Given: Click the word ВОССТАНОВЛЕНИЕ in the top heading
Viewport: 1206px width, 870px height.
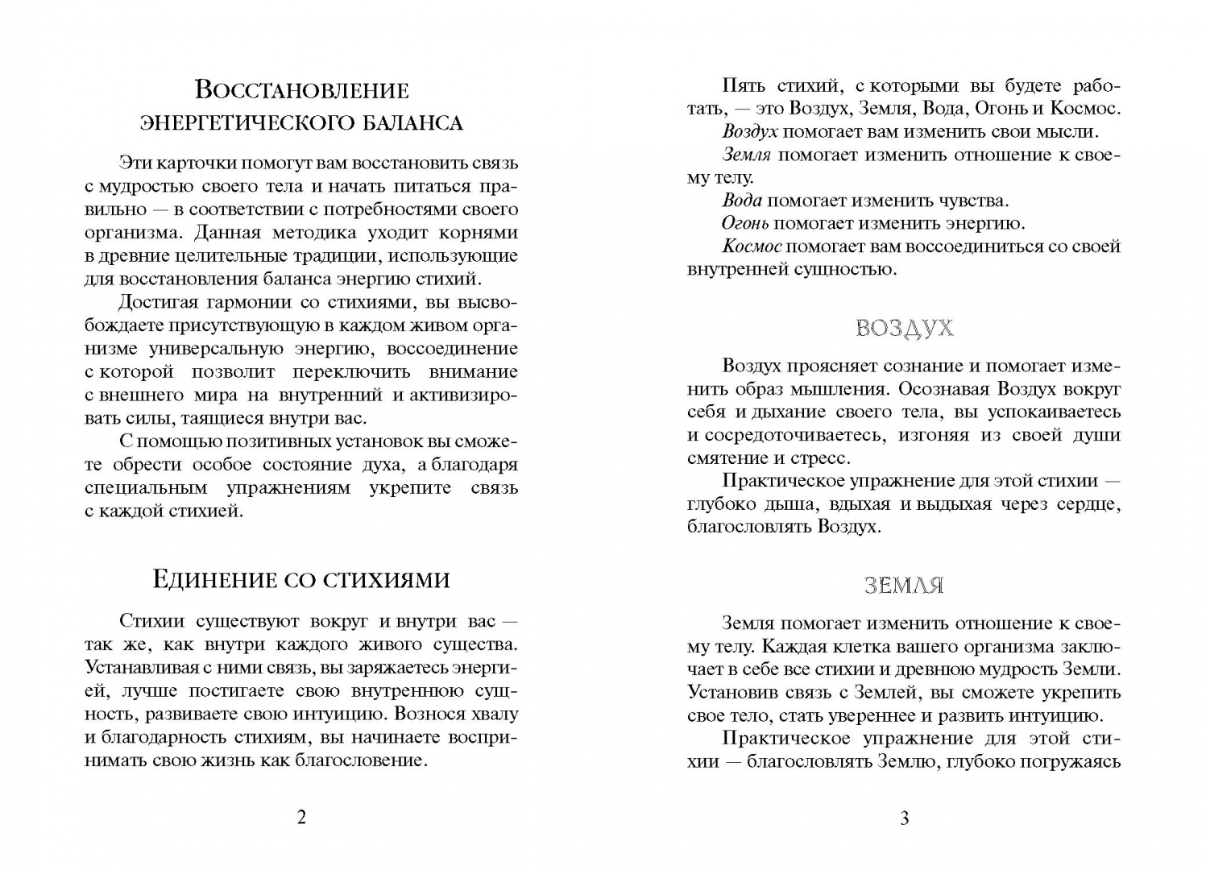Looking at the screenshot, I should [x=302, y=89].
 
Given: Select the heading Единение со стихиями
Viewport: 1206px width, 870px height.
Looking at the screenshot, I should [x=301, y=579].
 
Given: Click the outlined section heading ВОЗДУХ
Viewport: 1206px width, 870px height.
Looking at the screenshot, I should [x=904, y=328].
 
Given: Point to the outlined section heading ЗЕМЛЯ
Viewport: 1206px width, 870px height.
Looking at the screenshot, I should [x=904, y=586].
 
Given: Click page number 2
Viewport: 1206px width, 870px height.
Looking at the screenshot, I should [x=302, y=818].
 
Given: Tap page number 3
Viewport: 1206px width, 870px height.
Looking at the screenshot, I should [x=904, y=818].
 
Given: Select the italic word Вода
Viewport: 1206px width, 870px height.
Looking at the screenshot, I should [x=742, y=201].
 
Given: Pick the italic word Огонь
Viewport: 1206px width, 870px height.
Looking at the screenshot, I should [x=745, y=223].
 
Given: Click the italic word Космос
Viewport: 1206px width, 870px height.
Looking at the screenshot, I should [x=752, y=246].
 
